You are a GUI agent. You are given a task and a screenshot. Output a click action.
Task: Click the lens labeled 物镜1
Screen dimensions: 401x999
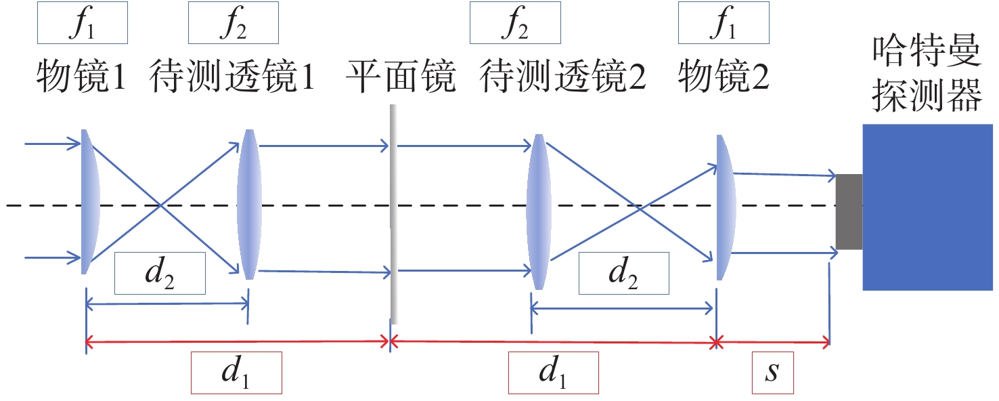click(x=89, y=202)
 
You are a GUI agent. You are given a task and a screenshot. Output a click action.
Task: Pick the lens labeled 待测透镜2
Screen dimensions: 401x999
click(x=537, y=211)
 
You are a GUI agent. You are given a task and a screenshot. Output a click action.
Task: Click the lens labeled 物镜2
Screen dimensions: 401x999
click(x=725, y=207)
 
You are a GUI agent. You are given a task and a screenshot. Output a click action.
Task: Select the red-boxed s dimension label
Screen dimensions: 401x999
click(x=773, y=373)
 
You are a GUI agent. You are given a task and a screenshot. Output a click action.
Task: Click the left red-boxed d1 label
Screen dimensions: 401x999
click(x=236, y=373)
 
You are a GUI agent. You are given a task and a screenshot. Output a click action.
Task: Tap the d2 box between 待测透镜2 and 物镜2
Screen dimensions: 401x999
click(x=623, y=273)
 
